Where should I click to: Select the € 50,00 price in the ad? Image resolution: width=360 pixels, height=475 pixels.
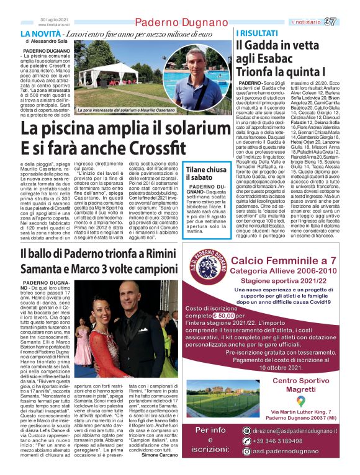[x=230, y=315]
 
